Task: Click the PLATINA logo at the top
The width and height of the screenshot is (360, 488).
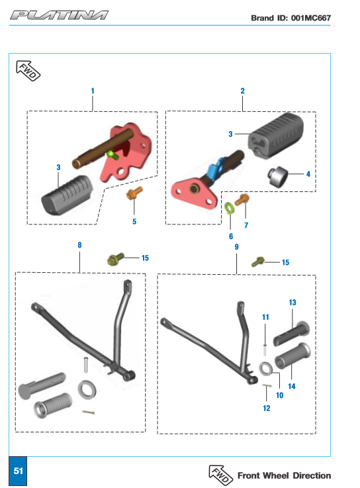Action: (x=59, y=15)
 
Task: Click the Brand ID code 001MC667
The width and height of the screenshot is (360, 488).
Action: (x=310, y=18)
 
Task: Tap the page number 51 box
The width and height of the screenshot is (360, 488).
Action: (x=18, y=471)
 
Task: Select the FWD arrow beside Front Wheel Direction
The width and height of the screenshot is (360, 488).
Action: (x=220, y=475)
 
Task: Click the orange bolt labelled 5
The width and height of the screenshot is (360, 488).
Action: (x=134, y=193)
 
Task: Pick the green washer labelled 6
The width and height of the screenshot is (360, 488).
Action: (x=230, y=208)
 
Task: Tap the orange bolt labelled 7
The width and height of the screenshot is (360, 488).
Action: (x=242, y=199)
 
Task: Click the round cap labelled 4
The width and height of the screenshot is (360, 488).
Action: (x=277, y=177)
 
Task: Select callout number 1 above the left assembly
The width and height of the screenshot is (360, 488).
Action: (x=93, y=91)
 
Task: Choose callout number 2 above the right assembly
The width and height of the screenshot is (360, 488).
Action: (x=242, y=91)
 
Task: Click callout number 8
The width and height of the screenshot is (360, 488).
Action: (x=79, y=245)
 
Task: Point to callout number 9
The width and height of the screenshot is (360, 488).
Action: (x=236, y=247)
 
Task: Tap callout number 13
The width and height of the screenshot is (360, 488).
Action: (x=292, y=303)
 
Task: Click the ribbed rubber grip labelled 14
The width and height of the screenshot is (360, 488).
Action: (x=292, y=356)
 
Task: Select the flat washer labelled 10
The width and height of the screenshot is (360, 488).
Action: (x=266, y=369)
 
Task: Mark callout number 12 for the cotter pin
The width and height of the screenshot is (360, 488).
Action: (x=266, y=409)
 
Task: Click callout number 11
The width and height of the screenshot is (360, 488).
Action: (x=265, y=317)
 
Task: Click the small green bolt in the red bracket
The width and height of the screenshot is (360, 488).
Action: (x=112, y=155)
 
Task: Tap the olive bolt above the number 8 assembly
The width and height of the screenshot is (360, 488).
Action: (x=115, y=259)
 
